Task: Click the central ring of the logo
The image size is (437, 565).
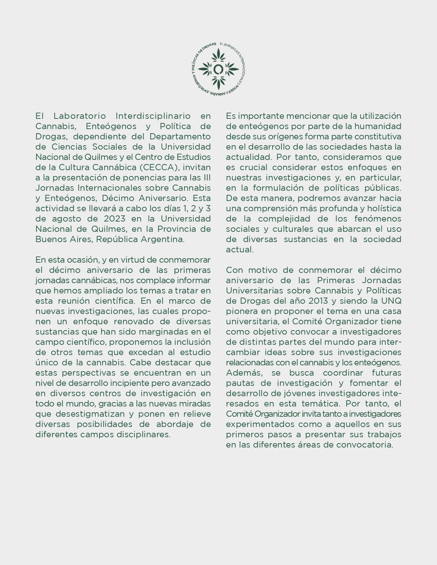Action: (218, 69)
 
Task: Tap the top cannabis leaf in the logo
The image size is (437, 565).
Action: (218, 55)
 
